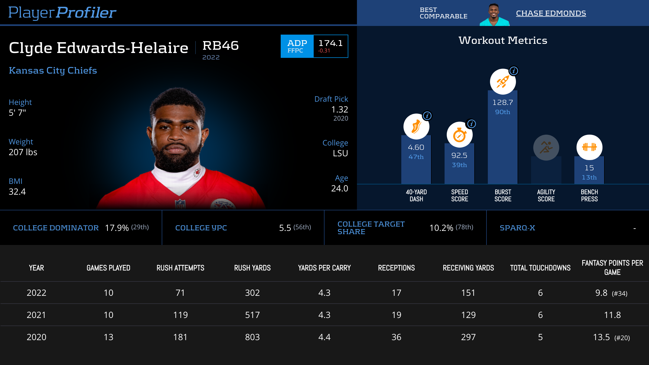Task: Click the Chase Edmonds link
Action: pyautogui.click(x=551, y=13)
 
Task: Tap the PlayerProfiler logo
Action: pyautogui.click(x=62, y=12)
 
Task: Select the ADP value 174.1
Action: pyautogui.click(x=330, y=43)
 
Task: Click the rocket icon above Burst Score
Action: pyautogui.click(x=503, y=82)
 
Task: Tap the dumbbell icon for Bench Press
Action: pyautogui.click(x=589, y=147)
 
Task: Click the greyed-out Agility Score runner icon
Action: pyautogui.click(x=546, y=148)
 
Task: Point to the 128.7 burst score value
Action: pyautogui.click(x=502, y=102)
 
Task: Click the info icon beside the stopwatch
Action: pyautogui.click(x=471, y=124)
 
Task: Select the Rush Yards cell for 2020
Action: pyautogui.click(x=252, y=337)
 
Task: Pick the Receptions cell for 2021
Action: pyautogui.click(x=396, y=315)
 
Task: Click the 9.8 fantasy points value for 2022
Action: pyautogui.click(x=601, y=293)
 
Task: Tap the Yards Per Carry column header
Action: pyautogui.click(x=324, y=268)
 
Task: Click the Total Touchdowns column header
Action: pyautogui.click(x=540, y=268)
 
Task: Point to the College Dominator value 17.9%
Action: pyautogui.click(x=117, y=228)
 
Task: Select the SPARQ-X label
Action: pyautogui.click(x=517, y=228)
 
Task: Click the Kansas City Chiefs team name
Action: pyautogui.click(x=53, y=70)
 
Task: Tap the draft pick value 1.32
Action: pyautogui.click(x=340, y=109)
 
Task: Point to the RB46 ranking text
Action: pyautogui.click(x=220, y=45)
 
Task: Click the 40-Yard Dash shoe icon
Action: pyautogui.click(x=416, y=127)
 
